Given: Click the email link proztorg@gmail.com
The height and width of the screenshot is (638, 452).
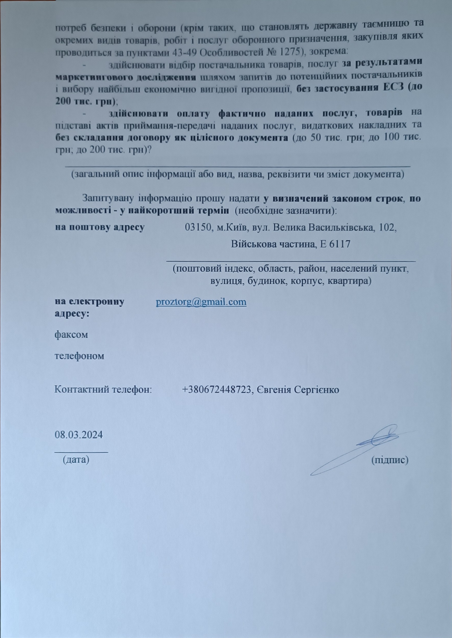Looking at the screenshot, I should (201, 302).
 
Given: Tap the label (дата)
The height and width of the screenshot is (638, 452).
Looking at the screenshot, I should (76, 460).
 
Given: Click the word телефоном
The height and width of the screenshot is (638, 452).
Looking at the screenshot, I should (80, 356).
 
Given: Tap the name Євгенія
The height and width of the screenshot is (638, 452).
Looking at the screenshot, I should (273, 390).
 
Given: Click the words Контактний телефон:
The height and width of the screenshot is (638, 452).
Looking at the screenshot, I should (103, 390).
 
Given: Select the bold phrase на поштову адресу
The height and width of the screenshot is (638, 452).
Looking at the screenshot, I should (100, 227).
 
